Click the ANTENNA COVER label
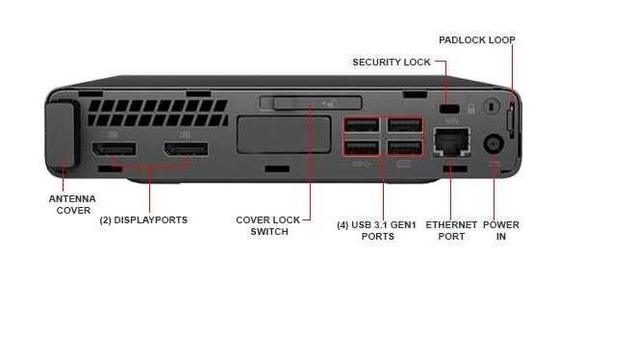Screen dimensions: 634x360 click(x=71, y=204)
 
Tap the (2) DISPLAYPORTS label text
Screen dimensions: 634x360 click(x=143, y=219)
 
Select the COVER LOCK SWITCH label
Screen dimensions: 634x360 click(x=268, y=225)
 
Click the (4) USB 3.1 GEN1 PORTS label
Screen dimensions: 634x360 click(x=377, y=230)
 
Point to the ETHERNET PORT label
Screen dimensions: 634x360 click(x=451, y=230)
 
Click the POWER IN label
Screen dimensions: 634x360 click(x=500, y=230)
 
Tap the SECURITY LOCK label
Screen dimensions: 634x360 click(x=392, y=63)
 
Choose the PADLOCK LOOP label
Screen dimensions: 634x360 click(x=476, y=40)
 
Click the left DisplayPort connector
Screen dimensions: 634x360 click(x=114, y=151)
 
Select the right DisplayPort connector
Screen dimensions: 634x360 click(x=185, y=151)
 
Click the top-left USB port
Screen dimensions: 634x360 click(x=361, y=126)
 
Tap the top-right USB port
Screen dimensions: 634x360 click(x=404, y=126)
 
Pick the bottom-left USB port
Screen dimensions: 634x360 click(x=361, y=147)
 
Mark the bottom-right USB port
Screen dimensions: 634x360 click(x=404, y=147)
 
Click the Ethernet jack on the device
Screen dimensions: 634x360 click(x=450, y=143)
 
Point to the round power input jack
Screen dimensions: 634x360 click(x=494, y=142)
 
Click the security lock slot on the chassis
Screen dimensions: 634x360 click(x=446, y=110)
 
